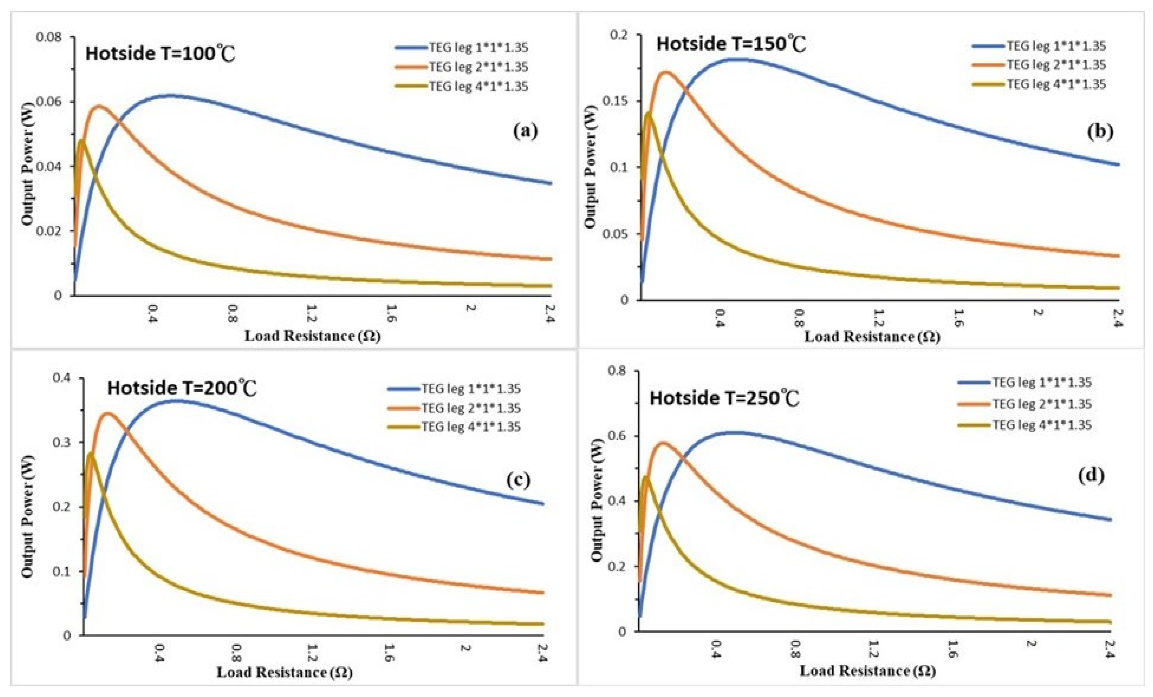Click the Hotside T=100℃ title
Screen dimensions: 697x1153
160,54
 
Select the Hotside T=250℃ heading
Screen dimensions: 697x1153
724,398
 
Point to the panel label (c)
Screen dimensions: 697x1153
519,480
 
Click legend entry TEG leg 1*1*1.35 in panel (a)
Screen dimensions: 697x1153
478,47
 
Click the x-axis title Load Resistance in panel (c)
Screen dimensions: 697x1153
284,672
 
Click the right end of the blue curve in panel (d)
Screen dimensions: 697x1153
1110,519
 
